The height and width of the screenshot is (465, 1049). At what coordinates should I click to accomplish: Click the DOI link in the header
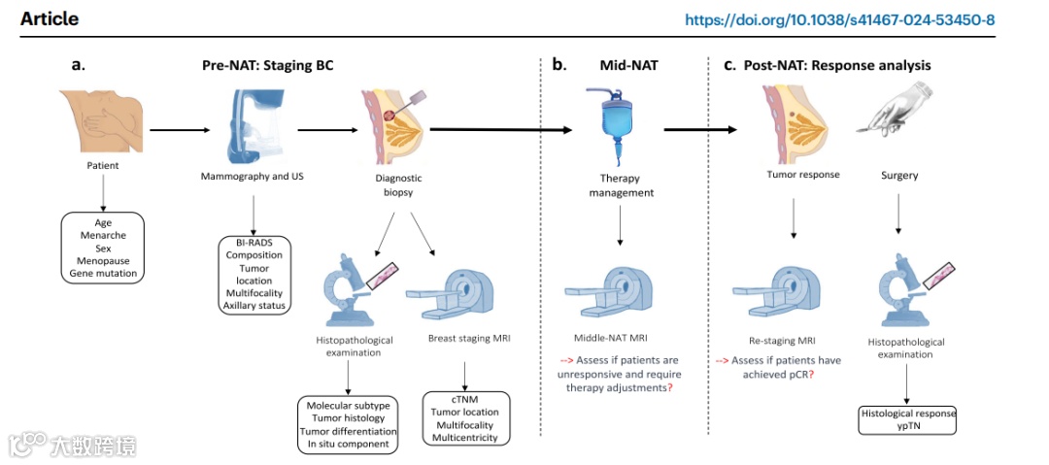[x=839, y=19]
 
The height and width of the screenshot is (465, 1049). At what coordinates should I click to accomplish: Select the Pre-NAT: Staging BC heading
[x=268, y=65]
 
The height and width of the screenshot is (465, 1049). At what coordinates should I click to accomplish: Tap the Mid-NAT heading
[x=628, y=65]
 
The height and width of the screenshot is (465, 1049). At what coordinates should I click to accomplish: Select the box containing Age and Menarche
[x=104, y=248]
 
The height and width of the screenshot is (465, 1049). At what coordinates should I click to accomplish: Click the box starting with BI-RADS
[x=254, y=275]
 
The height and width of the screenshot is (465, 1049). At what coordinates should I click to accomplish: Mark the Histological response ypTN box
[x=908, y=419]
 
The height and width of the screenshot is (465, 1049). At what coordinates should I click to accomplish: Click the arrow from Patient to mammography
[x=180, y=127]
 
